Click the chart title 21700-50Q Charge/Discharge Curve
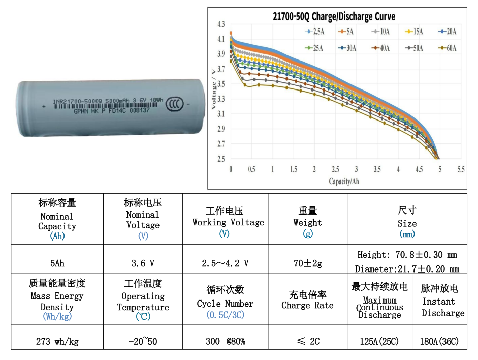334,17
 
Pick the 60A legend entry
445,48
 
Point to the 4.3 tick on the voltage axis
220,24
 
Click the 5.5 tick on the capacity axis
461,169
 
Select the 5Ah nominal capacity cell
57,263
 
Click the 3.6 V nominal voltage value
143,263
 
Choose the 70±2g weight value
307,263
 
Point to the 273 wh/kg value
57,341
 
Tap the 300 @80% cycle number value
225,341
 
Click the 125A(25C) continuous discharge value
379,341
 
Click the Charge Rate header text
307,305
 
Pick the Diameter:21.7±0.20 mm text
407,269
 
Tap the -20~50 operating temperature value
143,341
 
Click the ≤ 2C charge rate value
307,341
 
